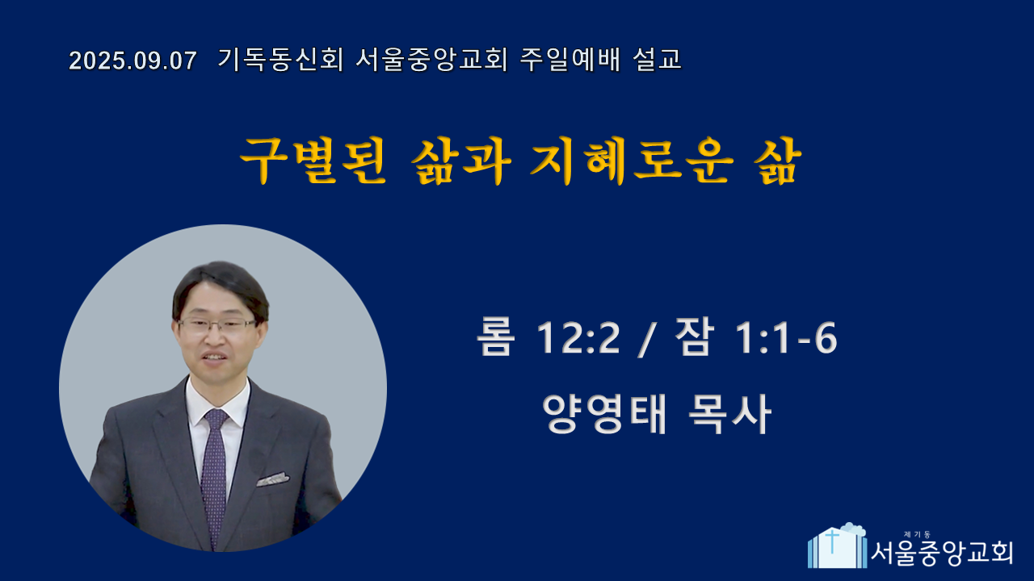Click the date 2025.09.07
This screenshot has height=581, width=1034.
(x=133, y=61)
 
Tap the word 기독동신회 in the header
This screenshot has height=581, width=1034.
(x=280, y=60)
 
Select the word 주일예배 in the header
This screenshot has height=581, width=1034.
(x=570, y=60)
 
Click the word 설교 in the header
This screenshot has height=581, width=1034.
(x=658, y=60)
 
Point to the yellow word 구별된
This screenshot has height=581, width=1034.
(x=313, y=161)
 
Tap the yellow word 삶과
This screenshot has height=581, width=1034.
(x=461, y=161)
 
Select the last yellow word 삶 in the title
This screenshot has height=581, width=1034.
(x=778, y=161)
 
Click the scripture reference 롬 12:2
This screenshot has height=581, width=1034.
(x=549, y=337)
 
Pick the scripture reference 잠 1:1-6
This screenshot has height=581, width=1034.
(x=755, y=337)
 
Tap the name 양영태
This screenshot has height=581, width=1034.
(x=605, y=414)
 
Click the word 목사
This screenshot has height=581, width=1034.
(x=729, y=414)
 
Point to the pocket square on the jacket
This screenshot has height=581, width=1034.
(x=273, y=479)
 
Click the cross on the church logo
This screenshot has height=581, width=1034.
(x=831, y=541)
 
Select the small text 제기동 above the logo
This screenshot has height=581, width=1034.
(x=917, y=534)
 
